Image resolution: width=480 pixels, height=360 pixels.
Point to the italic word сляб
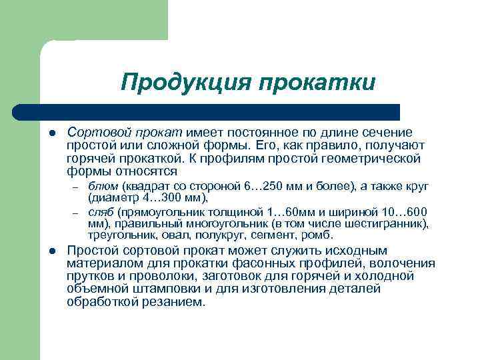(102, 212)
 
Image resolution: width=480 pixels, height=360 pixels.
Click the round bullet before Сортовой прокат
(51, 133)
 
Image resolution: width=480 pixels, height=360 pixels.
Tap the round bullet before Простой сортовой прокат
(51, 251)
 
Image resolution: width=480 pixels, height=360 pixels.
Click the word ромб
(319, 235)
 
